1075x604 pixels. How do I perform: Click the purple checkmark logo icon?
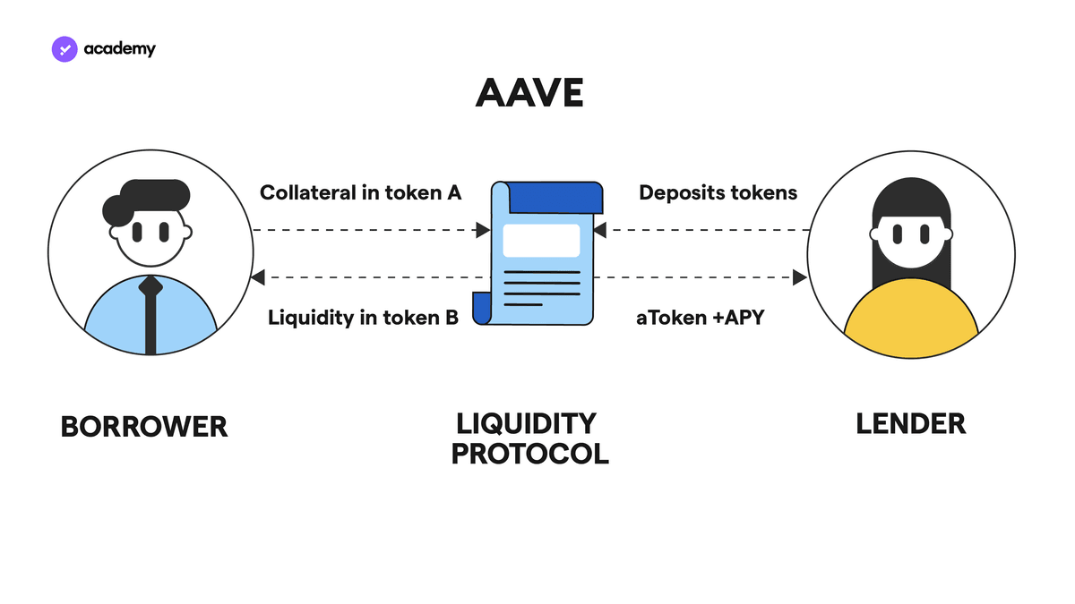pos(64,49)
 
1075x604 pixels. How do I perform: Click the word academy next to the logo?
pos(119,49)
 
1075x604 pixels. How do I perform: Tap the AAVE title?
pos(529,92)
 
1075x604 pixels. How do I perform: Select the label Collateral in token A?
pos(360,192)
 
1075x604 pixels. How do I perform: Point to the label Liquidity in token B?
pos(363,318)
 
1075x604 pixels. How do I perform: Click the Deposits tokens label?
pos(718,192)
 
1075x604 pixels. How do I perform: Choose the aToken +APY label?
pos(701,318)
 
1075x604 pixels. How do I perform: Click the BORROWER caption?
pos(144,427)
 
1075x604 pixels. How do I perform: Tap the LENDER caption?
pos(911,424)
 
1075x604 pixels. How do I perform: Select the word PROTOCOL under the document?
pos(529,454)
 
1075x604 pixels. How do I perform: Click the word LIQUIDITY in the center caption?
pos(526,424)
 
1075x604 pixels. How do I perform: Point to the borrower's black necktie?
pos(150,315)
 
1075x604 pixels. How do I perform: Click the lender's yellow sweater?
pos(911,319)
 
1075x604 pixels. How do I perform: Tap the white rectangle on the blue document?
pos(541,240)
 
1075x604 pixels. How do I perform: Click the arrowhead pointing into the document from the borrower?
pos(483,230)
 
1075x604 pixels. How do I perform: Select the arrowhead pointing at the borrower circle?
pos(258,277)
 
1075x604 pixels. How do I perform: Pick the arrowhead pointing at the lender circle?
pos(799,277)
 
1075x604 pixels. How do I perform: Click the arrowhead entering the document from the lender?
pos(600,230)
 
